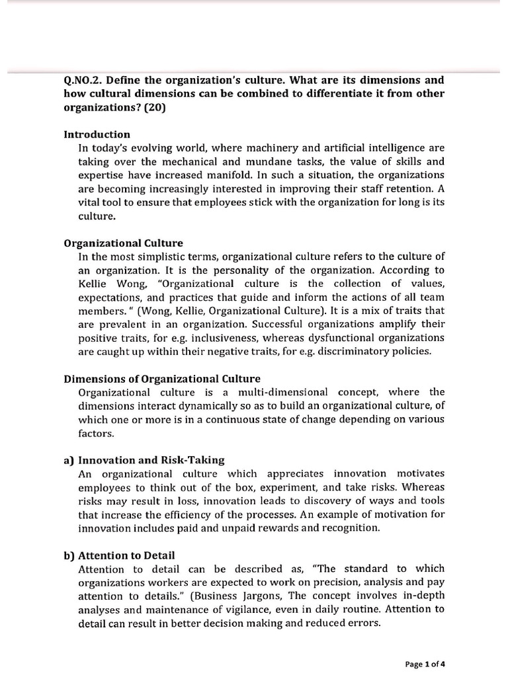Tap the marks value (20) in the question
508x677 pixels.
[x=153, y=107]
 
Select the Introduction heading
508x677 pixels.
[x=97, y=134]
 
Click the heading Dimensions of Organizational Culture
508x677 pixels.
[x=162, y=379]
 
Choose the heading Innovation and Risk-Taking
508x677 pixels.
[x=151, y=460]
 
